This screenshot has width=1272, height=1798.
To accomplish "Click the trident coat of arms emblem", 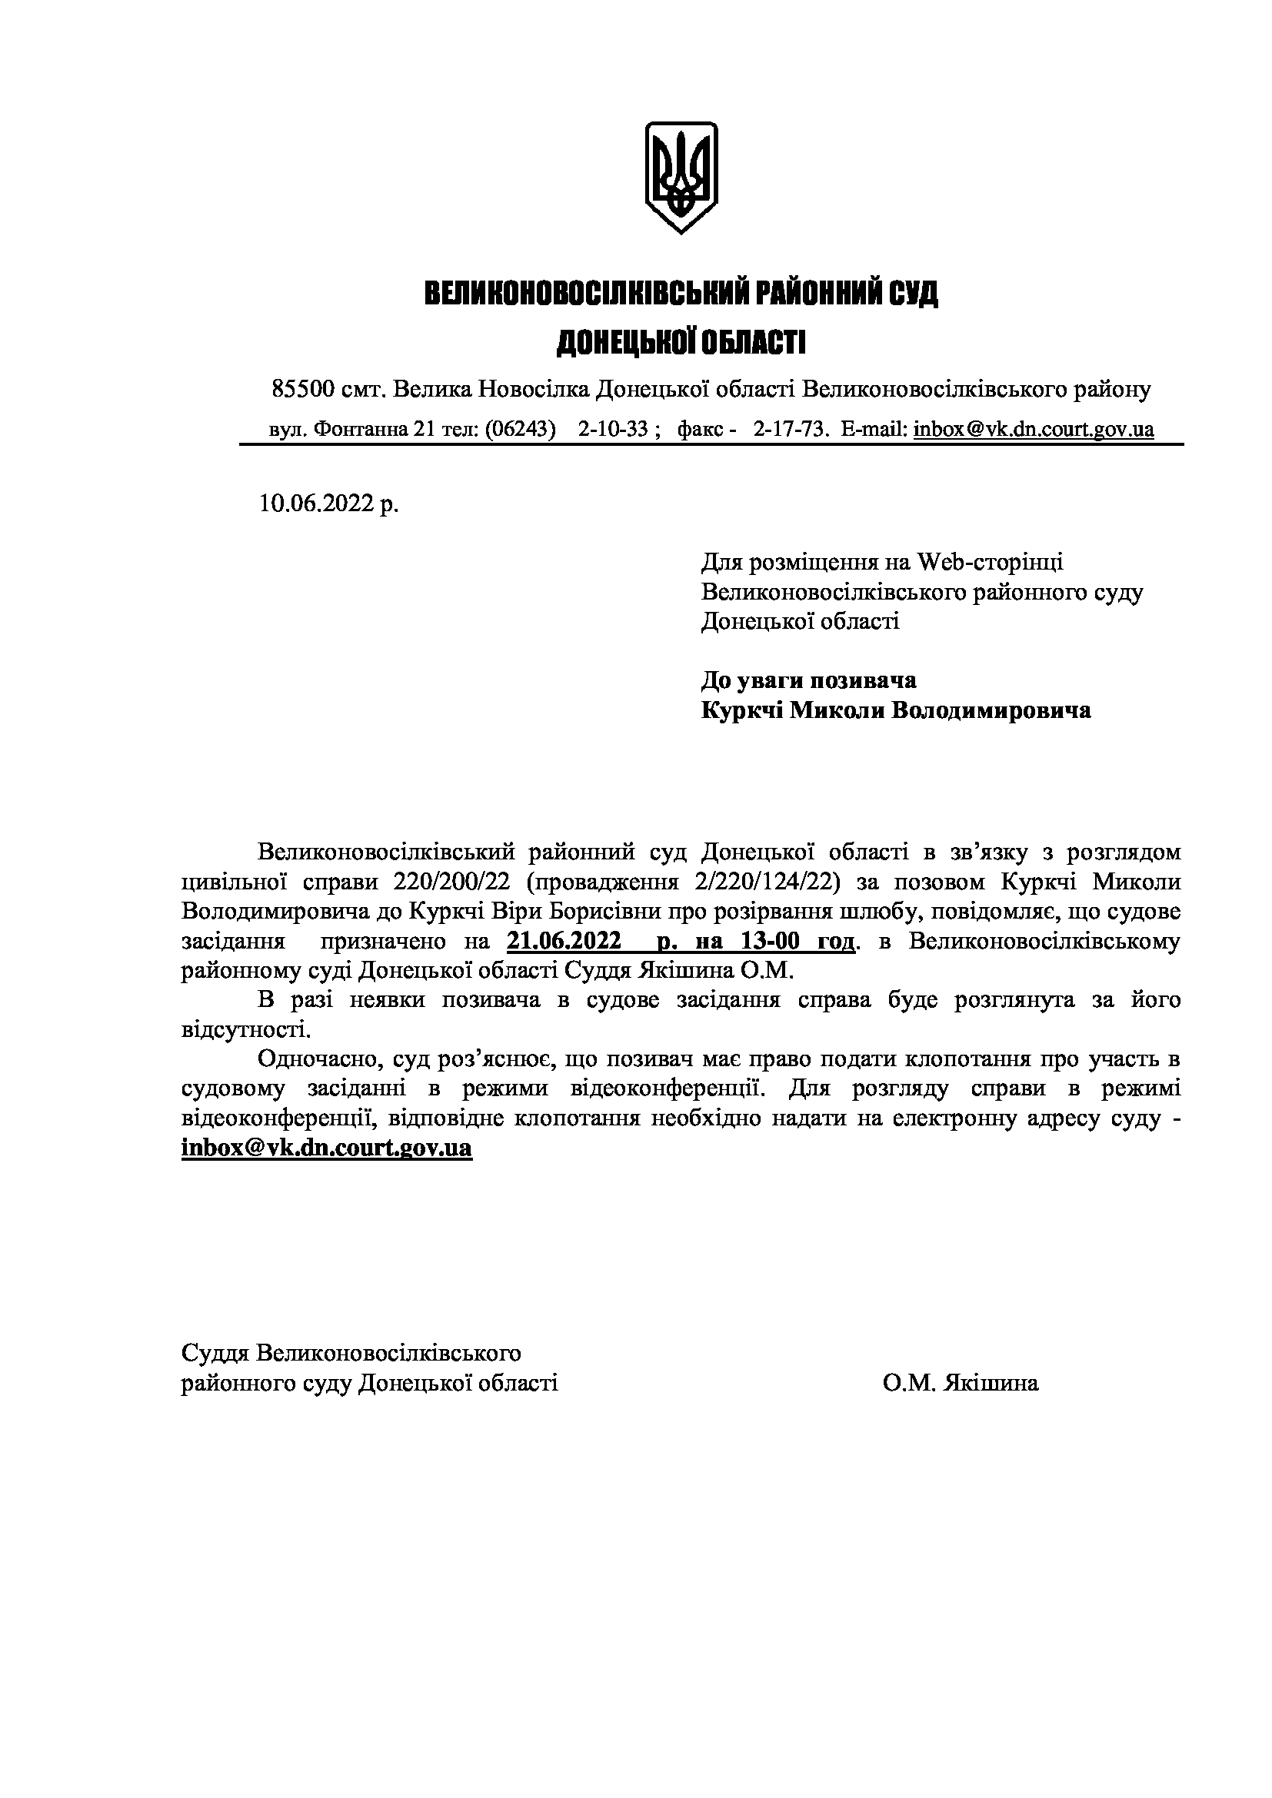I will point(681,176).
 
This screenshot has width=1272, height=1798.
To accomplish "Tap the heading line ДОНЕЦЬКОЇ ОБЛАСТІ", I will point(681,342).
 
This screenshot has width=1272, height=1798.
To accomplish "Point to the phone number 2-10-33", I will point(613,429).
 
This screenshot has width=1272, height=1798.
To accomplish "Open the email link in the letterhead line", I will point(1033,429).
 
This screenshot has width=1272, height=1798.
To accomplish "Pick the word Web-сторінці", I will point(991,561).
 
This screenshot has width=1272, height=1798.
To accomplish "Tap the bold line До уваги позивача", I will point(808,680).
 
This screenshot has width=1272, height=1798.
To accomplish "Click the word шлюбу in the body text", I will point(872,912).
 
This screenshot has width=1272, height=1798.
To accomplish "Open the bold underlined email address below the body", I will point(327,1148).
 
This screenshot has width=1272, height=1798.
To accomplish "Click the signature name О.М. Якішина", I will point(961,1383).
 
